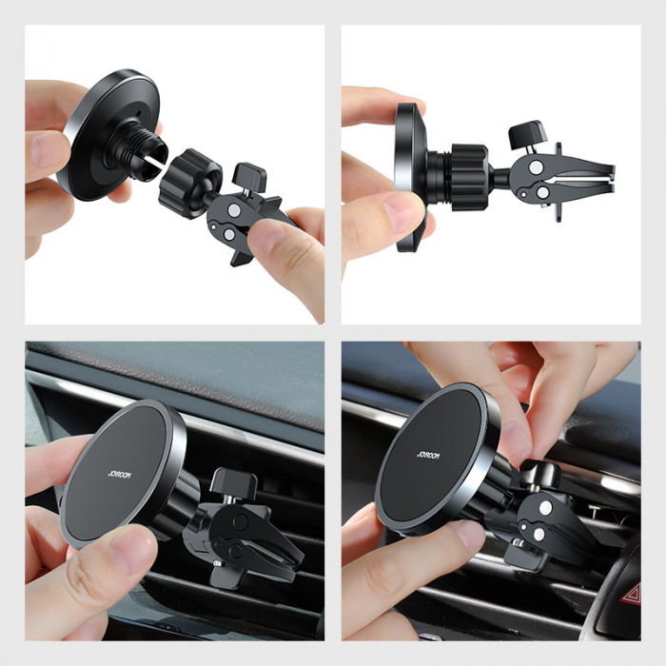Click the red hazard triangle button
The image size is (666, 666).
[633, 595]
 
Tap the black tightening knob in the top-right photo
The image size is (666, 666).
[526, 132]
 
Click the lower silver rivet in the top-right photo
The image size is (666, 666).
[541, 192]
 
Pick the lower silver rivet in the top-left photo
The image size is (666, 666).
[237, 234]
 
